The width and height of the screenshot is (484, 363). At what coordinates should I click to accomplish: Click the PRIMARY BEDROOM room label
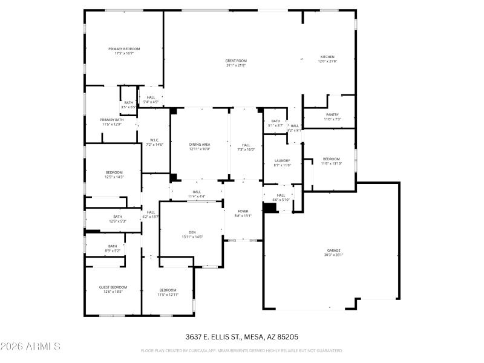124,49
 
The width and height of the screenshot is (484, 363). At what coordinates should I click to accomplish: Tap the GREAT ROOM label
236,60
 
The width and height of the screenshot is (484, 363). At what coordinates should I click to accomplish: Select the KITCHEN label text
327,57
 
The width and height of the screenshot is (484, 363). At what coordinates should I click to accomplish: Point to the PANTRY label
332,114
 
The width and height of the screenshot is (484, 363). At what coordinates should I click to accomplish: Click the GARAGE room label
334,250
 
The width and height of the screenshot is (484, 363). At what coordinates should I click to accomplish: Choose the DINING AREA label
200,145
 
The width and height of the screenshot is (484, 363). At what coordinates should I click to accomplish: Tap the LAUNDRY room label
283,160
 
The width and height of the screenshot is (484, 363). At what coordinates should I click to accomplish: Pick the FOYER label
242,211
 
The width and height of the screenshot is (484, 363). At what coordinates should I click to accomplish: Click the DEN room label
192,232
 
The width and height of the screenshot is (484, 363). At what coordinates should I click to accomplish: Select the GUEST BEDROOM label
113,287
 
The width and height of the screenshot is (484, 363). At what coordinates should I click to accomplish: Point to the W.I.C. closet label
154,140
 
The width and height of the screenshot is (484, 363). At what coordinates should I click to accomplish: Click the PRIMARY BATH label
111,120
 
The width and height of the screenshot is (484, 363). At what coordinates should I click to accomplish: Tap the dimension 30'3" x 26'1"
334,255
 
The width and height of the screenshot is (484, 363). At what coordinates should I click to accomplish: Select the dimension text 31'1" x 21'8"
236,65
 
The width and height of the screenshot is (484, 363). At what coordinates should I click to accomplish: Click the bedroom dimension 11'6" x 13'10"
331,163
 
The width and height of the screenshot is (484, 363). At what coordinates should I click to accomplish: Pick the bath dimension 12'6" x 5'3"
117,221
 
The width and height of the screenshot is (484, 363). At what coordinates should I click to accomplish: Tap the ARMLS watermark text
30,347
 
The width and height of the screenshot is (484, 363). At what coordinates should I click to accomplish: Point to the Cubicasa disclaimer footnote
241,350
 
